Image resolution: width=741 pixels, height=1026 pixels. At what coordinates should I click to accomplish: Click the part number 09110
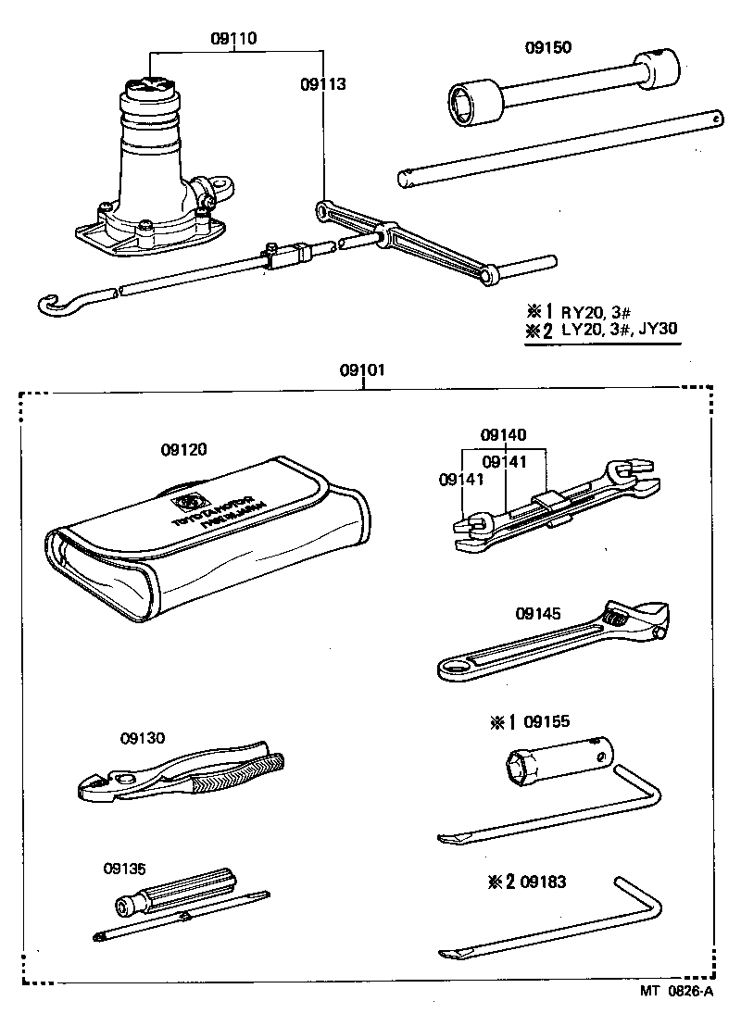coord(234,39)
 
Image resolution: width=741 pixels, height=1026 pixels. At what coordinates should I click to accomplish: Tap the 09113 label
coord(322,84)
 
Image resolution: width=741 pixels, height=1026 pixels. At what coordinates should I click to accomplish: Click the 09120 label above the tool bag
coord(183,450)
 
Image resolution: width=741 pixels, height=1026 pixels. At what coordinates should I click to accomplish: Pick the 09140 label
coord(503,434)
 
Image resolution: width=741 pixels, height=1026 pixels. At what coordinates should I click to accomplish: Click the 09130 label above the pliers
coord(142,738)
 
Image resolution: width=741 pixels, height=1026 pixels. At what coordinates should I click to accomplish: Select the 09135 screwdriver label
coord(125,868)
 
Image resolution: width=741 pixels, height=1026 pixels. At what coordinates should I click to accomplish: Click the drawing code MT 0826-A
coord(677,992)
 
